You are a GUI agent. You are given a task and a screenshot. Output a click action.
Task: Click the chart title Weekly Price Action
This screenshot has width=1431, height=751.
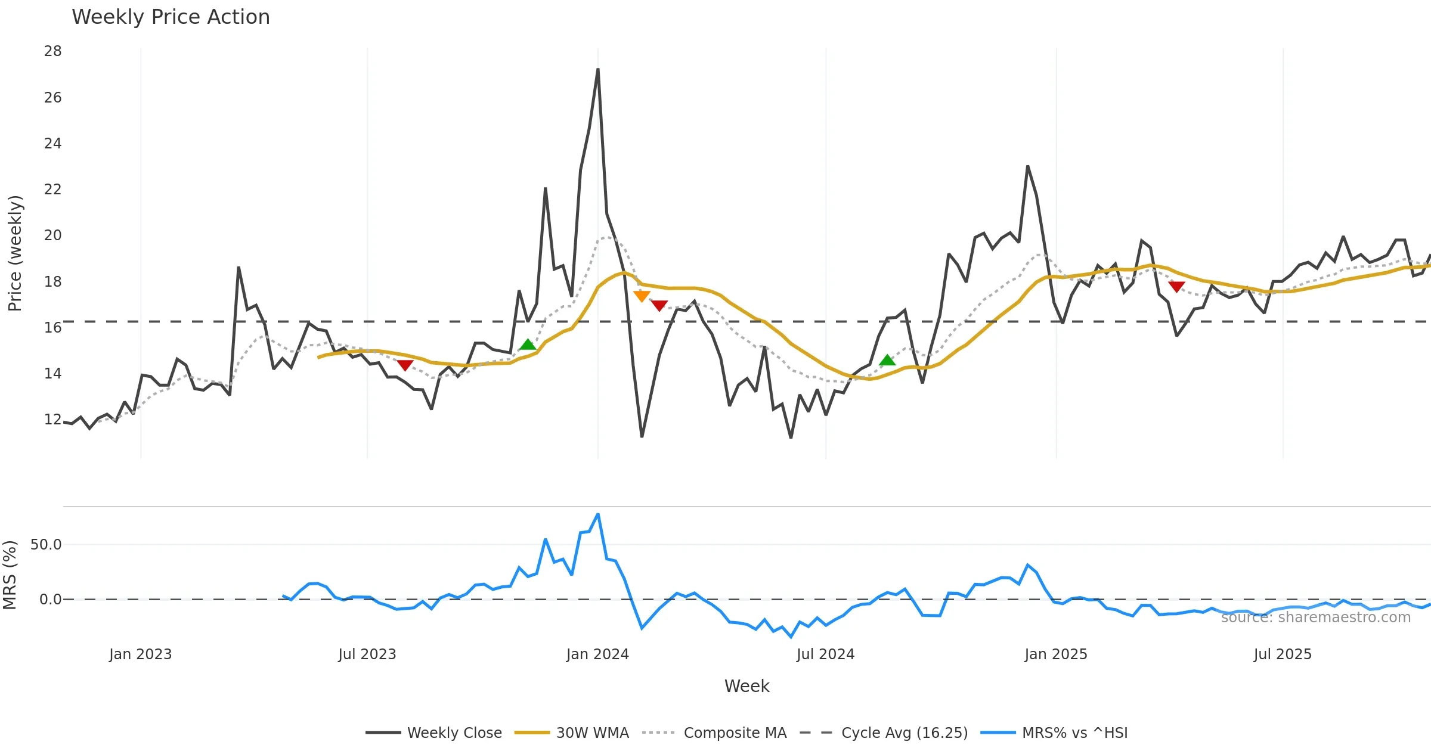pos(171,17)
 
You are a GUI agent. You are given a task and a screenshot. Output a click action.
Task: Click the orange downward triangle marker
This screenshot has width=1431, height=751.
pos(642,296)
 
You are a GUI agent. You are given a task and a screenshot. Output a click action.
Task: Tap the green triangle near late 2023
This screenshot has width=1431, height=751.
pos(528,345)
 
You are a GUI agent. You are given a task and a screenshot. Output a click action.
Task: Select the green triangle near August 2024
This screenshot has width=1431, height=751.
pos(887,360)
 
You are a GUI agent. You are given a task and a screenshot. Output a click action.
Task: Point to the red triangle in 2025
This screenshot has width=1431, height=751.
pos(1176,287)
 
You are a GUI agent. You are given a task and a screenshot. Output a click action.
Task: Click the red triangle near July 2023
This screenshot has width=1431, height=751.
pos(405,365)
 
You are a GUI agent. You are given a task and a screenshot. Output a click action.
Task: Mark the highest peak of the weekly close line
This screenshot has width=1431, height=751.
pos(598,69)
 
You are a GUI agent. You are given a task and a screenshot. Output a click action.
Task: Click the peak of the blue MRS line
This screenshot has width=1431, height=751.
pos(598,514)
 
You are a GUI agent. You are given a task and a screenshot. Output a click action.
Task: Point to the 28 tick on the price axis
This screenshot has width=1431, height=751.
pos(52,51)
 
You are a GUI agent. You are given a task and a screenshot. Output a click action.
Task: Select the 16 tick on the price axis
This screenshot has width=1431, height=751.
pos(52,327)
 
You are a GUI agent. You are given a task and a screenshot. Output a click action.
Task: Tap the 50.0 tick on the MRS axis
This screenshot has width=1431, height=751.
pos(46,544)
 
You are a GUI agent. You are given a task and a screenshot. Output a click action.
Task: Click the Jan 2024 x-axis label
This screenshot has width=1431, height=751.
pos(597,654)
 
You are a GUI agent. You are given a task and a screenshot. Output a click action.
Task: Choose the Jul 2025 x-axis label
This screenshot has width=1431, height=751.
pos(1283,654)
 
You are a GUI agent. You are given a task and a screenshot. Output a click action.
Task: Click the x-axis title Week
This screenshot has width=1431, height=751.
pos(747,686)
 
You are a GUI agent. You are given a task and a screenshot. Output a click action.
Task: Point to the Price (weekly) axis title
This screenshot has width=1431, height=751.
pos(15,253)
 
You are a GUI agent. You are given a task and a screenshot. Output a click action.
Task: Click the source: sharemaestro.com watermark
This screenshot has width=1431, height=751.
pos(1315,617)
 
